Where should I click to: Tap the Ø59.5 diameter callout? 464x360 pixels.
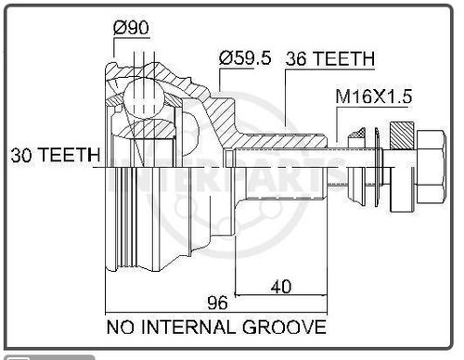(x=245, y=58)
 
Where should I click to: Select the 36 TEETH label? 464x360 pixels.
(x=329, y=58)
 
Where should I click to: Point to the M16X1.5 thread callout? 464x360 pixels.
(x=374, y=96)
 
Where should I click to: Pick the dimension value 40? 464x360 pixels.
(x=282, y=288)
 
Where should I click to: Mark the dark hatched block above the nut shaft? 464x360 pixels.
(x=403, y=137)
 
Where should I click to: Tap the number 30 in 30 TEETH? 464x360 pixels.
(x=21, y=156)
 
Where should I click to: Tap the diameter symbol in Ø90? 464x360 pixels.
(x=120, y=27)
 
